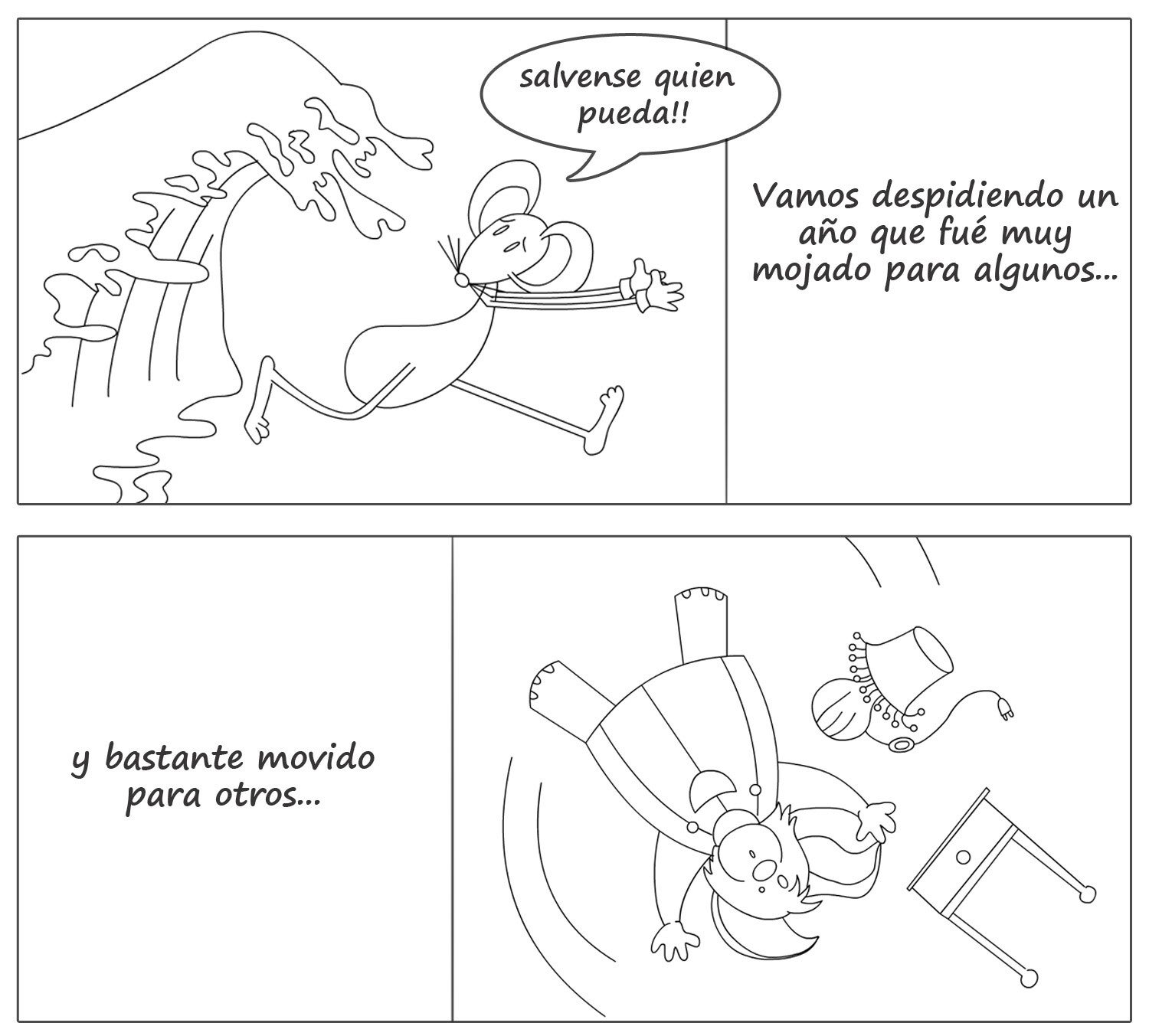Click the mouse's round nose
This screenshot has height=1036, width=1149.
pyautogui.click(x=462, y=279)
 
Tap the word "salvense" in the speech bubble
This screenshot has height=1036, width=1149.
pyautogui.click(x=578, y=77)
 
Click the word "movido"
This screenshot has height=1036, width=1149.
pyautogui.click(x=316, y=757)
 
